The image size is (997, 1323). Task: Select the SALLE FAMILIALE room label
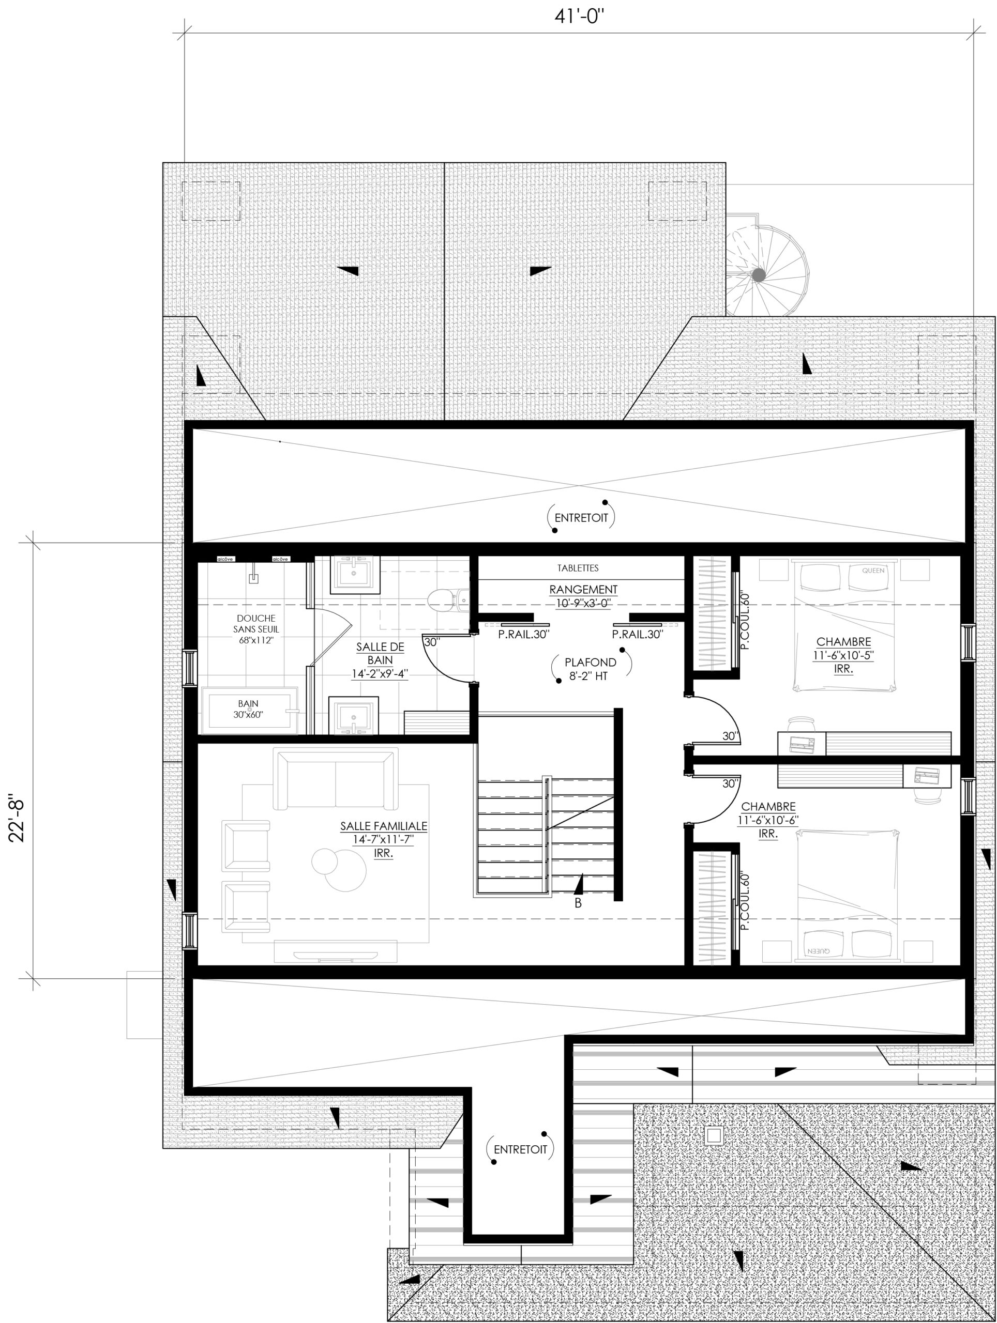tap(384, 826)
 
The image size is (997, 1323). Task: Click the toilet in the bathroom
tap(449, 600)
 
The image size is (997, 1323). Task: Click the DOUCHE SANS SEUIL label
tap(256, 628)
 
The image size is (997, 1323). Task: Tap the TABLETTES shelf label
tap(578, 568)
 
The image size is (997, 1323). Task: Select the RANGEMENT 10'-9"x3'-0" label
tap(583, 596)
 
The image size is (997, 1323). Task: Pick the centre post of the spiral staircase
tap(758, 274)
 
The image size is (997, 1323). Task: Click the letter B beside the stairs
tap(578, 903)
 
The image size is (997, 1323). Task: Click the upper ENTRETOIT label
tap(581, 517)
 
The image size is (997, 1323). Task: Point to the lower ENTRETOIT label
tap(520, 1149)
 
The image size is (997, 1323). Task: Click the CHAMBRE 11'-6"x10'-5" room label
tap(843, 655)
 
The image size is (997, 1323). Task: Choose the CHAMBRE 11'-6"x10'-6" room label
tap(768, 820)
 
